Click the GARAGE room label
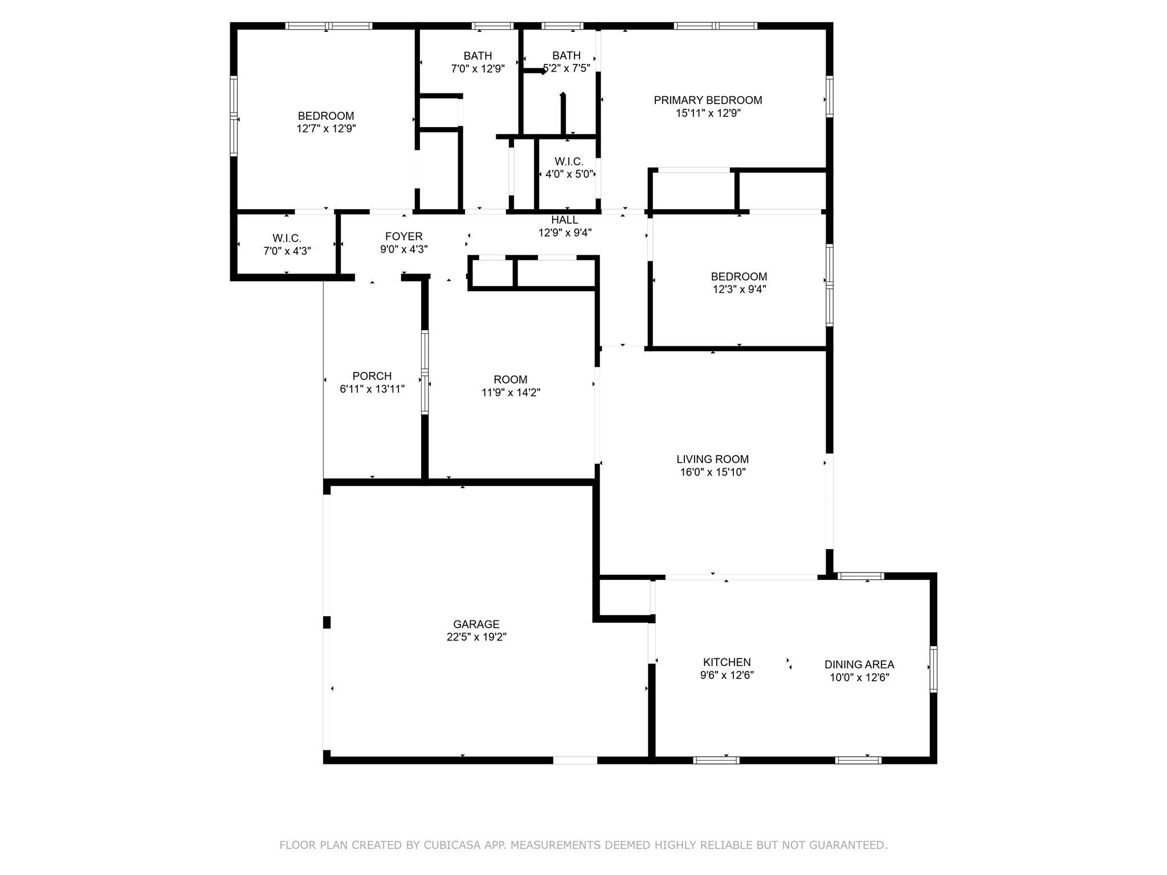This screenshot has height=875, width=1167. click(476, 624)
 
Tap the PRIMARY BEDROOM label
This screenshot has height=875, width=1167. click(708, 100)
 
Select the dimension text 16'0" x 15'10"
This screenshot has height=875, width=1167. click(712, 472)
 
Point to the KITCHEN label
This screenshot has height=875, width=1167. click(727, 662)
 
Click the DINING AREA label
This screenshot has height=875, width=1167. click(859, 664)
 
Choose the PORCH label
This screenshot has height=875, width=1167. click(372, 376)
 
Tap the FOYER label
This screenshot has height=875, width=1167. click(403, 236)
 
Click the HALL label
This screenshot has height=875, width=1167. click(565, 220)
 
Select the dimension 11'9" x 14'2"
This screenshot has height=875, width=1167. click(511, 392)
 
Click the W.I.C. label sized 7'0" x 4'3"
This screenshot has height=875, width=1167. click(287, 238)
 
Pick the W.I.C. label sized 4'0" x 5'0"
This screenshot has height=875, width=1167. click(569, 162)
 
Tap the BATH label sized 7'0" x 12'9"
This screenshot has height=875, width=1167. click(478, 56)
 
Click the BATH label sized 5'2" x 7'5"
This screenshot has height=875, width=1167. click(566, 56)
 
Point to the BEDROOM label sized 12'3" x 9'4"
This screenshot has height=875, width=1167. click(738, 277)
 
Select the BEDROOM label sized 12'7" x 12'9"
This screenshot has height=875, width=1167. click(326, 116)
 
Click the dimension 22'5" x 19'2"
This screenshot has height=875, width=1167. click(476, 637)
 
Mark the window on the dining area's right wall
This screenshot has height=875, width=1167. click(933, 669)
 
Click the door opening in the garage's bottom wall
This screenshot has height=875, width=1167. click(574, 760)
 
